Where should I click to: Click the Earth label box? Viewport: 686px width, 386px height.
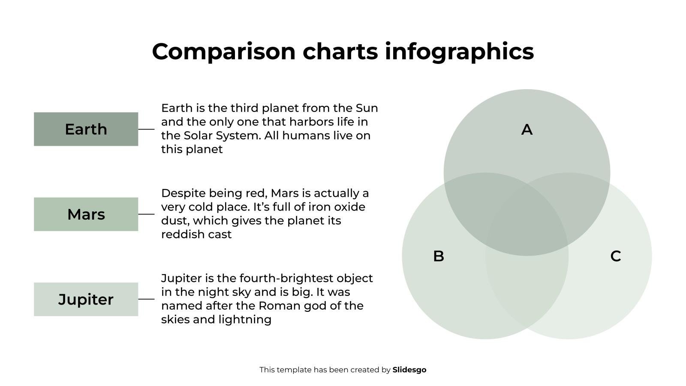coord(86,129)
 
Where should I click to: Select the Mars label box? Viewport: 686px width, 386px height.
coord(86,214)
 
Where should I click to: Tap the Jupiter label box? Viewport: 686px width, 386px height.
coord(86,299)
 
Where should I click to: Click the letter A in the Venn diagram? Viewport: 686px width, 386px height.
coord(527,130)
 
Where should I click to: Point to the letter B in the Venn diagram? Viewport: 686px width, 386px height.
coord(439,256)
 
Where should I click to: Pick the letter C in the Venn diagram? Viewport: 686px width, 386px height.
coord(616,256)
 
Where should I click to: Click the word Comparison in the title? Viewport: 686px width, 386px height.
coord(223,51)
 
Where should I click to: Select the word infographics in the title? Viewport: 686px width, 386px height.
coord(459,51)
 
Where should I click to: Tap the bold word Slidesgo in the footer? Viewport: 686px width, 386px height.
coord(409,370)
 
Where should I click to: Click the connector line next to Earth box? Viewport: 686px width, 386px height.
coord(146,129)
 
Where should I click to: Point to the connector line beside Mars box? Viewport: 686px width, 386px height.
coord(146,214)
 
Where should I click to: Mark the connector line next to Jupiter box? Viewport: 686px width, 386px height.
coord(146,299)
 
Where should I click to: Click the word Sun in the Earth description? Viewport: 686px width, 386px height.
coord(367,108)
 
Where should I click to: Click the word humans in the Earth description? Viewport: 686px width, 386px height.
coord(302,136)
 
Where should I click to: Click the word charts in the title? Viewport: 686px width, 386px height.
coord(340,51)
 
